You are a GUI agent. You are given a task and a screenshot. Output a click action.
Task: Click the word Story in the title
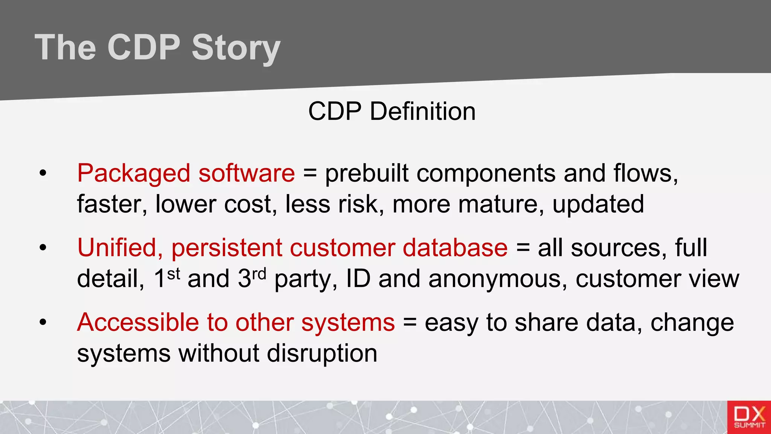click(x=236, y=48)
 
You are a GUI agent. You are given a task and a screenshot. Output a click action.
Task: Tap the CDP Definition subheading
click(x=392, y=112)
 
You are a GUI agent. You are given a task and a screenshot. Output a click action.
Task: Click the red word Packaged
click(x=134, y=174)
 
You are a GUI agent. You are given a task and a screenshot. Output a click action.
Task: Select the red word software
click(x=247, y=173)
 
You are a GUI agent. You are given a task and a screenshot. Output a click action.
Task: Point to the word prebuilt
click(x=366, y=173)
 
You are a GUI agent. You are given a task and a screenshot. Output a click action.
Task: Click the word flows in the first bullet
click(x=645, y=173)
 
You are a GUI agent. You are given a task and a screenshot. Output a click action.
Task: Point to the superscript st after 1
click(x=174, y=274)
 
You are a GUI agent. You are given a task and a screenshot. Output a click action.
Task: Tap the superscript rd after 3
click(x=259, y=274)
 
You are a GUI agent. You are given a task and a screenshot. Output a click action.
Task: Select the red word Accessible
click(x=138, y=322)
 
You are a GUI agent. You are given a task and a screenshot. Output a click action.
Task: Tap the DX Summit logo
click(x=749, y=417)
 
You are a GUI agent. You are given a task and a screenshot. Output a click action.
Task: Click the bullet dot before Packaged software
click(x=43, y=174)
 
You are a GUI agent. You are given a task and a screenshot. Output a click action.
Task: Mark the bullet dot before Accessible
click(x=43, y=322)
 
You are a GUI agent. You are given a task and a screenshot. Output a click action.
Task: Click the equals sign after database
click(x=523, y=248)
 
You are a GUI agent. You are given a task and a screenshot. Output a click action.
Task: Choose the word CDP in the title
click(x=144, y=48)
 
